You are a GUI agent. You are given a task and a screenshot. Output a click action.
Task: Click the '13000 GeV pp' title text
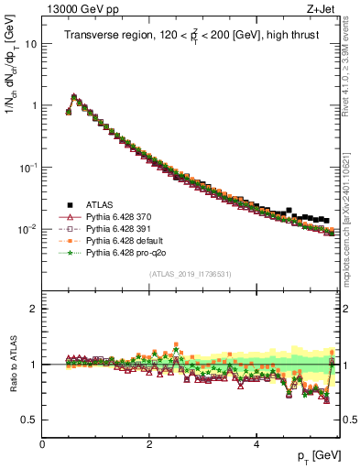(80, 10)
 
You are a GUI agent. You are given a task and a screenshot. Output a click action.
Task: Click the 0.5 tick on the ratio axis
(30, 420)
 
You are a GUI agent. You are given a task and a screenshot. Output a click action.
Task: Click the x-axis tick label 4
(256, 444)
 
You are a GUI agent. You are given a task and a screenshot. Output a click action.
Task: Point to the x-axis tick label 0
(42, 444)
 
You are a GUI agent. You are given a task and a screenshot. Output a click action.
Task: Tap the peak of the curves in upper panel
(74, 95)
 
